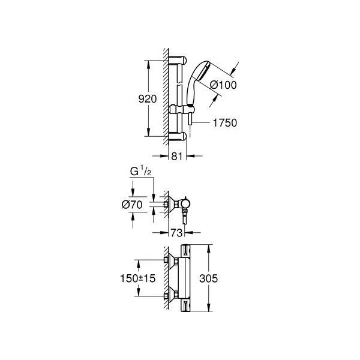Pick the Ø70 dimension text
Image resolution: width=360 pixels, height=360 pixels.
(133, 205)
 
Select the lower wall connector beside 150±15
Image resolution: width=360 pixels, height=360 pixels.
(172, 294)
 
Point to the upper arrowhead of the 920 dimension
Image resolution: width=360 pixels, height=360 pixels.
(148, 62)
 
